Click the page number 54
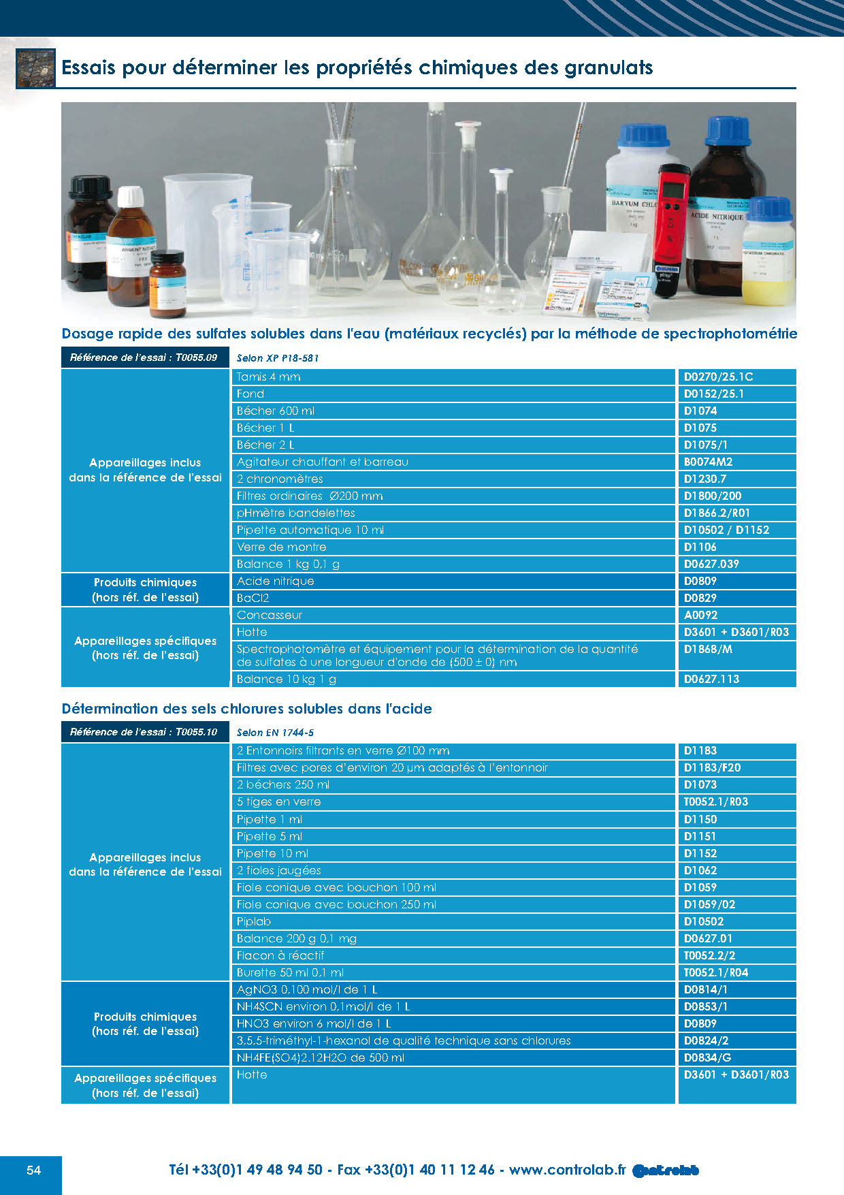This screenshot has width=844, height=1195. click(33, 1170)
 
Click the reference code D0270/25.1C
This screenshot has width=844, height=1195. click(718, 377)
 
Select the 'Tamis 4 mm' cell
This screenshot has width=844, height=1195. click(269, 377)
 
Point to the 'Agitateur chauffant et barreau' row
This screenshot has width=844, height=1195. click(323, 462)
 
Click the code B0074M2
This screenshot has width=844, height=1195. click(708, 462)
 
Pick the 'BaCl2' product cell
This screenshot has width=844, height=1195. click(253, 598)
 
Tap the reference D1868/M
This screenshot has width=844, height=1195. click(708, 650)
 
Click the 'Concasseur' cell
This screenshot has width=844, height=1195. click(270, 615)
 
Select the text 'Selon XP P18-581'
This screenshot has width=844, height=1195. click(278, 358)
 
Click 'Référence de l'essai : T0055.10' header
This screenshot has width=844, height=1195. click(144, 732)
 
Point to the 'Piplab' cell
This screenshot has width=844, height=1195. click(254, 921)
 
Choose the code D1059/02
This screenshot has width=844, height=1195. click(709, 904)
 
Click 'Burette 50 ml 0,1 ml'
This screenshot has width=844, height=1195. click(290, 972)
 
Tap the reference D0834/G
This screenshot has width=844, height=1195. click(707, 1057)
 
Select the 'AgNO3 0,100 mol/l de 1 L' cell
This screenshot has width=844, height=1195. click(307, 989)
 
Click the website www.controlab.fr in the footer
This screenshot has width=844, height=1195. click(567, 1170)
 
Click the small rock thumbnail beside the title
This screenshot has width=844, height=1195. click(35, 68)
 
